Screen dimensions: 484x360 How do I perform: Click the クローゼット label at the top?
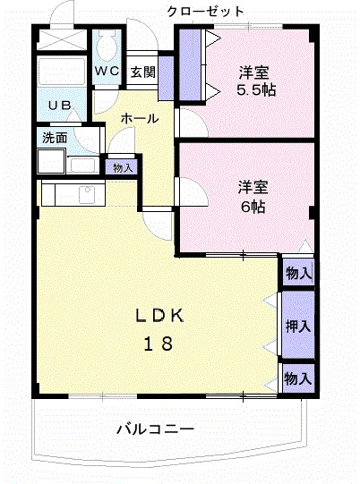click(205, 12)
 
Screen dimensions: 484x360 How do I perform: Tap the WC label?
click(107, 71)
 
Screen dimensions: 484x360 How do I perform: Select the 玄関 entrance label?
click(142, 72)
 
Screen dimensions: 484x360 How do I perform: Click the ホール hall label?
click(139, 118)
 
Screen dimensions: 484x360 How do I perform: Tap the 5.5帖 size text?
click(255, 89)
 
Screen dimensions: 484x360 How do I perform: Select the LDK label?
click(159, 315)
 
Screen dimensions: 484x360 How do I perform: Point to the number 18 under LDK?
click(159, 344)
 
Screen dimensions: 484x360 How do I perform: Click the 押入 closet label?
click(297, 326)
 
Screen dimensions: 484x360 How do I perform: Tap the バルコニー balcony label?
click(155, 429)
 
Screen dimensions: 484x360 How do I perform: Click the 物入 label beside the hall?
click(122, 167)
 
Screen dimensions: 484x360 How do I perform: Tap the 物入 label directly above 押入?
click(297, 273)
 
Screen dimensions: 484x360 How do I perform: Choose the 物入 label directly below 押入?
click(297, 379)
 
